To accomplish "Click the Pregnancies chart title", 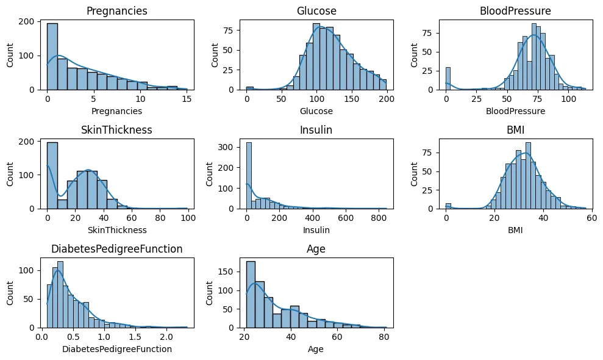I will [116, 11].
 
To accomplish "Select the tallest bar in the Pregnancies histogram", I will [52, 57].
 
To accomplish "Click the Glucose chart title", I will [316, 11].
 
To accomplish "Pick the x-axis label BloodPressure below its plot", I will [515, 112].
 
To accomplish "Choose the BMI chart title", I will [515, 130].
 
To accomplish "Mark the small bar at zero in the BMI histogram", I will [448, 206].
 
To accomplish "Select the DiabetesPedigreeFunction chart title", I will [116, 249].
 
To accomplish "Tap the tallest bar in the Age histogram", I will [251, 295].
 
